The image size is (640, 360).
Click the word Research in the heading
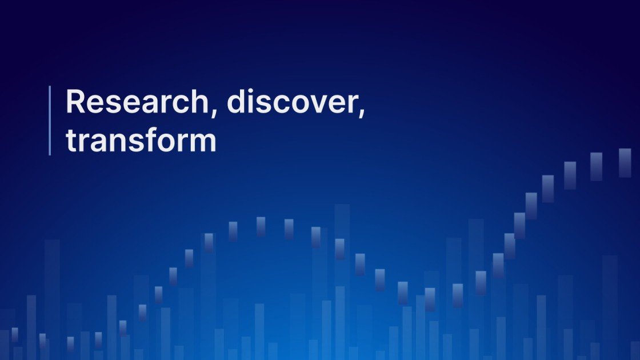coord(136,102)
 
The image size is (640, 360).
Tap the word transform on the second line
coord(141,139)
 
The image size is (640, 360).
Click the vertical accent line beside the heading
coord(50,120)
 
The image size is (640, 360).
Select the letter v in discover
coord(312,104)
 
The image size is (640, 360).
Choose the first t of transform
coord(71,140)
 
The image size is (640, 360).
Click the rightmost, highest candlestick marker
coord(625,163)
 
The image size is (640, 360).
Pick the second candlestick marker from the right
coord(596,166)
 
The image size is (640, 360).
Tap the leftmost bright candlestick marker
coord(15,334)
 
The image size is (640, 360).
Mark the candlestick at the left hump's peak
coord(261,226)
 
